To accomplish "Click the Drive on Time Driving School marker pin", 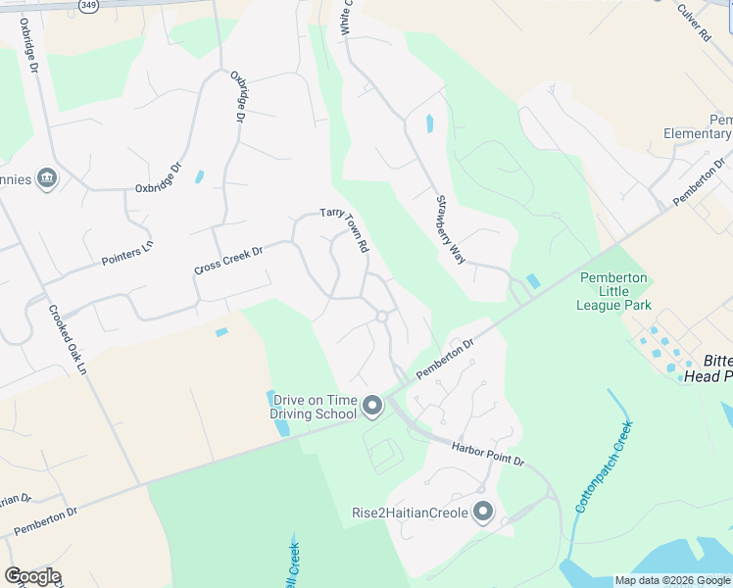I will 371,406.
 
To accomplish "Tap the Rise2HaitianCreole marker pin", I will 482,512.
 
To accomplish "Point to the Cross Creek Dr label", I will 229,260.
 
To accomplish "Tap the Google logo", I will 32,576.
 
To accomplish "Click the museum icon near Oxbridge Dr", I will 46,178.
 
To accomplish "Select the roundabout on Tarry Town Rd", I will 381,317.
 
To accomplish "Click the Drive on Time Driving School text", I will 315,407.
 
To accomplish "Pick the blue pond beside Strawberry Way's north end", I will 429,124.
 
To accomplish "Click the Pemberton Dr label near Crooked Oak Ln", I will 45,521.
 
